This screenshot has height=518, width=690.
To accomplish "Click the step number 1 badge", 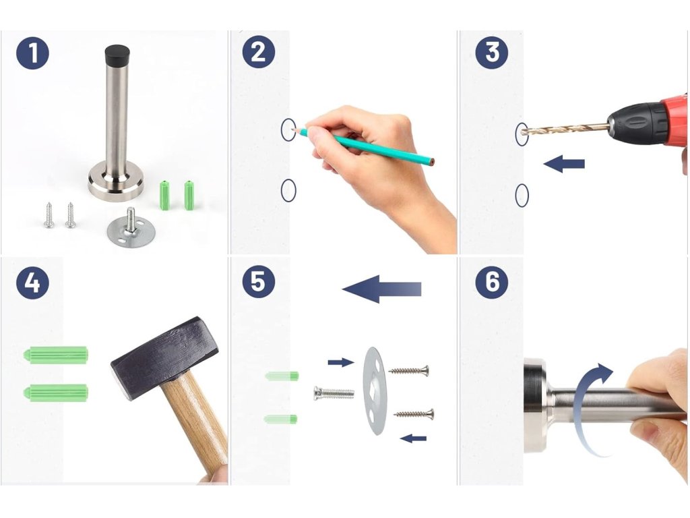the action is point(32,53).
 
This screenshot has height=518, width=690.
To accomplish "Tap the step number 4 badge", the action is point(32,283).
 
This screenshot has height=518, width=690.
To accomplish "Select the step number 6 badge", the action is point(492,282).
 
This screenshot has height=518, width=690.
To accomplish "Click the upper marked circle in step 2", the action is point(288,130).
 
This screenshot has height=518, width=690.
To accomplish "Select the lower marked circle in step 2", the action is point(288,190).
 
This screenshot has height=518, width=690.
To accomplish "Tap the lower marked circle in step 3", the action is point(522,195).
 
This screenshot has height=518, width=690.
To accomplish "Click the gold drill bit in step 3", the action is point(565,129).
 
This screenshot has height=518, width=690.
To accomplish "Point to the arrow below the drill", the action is point(564,164).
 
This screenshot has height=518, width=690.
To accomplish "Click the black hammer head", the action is point(164,357).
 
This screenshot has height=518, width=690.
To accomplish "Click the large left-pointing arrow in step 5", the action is point(381,289).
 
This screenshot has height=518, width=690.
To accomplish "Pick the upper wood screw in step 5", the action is point(409,371).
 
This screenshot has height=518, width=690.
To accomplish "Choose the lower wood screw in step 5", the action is point(414,413).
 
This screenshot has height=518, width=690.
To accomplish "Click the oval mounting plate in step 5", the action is point(375,391).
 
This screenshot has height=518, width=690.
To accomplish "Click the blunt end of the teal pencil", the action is point(433,162).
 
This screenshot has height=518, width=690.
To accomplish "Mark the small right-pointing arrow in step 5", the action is point(341,362).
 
